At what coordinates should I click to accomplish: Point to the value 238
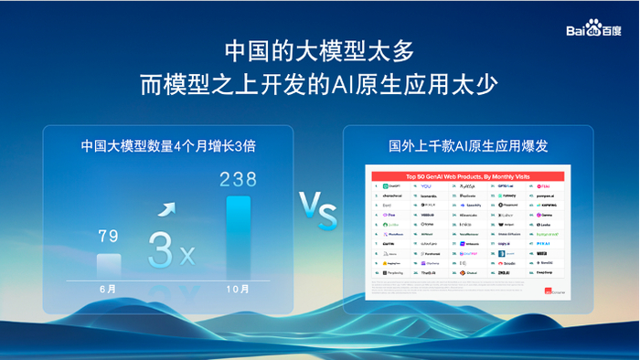(x=238, y=179)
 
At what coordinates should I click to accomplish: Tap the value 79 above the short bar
(x=109, y=237)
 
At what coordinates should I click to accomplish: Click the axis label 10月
(x=238, y=289)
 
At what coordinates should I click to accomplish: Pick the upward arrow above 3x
(x=167, y=210)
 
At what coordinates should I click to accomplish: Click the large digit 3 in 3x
(x=163, y=249)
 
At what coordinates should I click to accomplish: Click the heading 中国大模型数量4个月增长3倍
(x=167, y=145)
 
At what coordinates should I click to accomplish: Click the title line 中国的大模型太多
(x=320, y=48)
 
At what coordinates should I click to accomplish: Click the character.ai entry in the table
(x=393, y=196)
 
